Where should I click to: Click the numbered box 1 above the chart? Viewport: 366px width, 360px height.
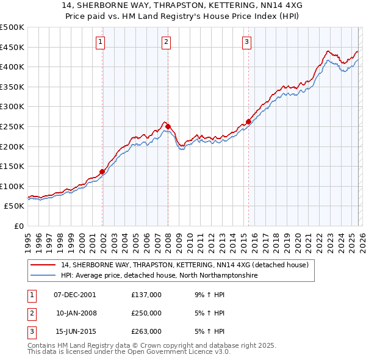(100, 42)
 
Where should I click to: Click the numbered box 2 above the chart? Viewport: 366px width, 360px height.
(166, 42)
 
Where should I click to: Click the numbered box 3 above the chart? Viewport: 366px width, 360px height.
(246, 42)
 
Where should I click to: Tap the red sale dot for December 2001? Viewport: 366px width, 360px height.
(102, 171)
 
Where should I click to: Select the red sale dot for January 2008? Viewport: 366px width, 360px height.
(168, 126)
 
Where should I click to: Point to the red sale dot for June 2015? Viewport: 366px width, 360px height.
(248, 121)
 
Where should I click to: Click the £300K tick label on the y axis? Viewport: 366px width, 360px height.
(12, 107)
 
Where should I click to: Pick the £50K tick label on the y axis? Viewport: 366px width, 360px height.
(15, 206)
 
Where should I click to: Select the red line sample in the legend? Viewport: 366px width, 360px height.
(43, 265)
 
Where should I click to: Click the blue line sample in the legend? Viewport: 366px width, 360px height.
(43, 276)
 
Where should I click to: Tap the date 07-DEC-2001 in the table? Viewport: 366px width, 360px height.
(75, 294)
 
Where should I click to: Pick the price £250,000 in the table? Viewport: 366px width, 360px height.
(146, 313)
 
